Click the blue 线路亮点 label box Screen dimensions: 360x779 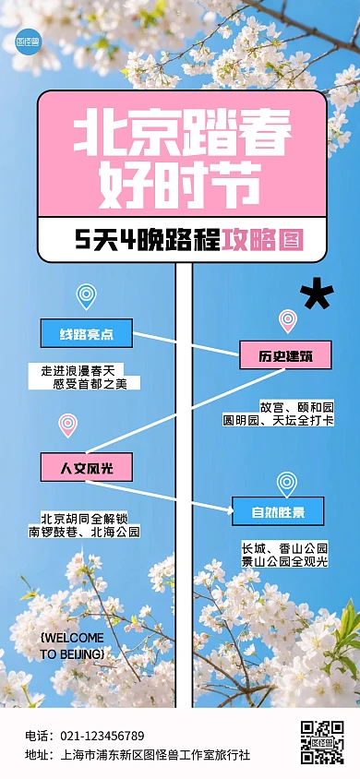tap(86, 333)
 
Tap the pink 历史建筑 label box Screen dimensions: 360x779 tap(285, 355)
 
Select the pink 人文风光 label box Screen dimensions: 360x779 tap(86, 467)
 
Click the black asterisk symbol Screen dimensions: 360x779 tap(317, 295)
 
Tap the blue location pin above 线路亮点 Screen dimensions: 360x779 tap(86, 295)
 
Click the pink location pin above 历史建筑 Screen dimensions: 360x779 tap(288, 320)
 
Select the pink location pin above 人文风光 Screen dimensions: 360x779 tap(67, 424)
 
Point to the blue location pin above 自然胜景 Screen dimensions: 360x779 tap(287, 483)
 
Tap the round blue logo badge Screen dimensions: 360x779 tap(29, 42)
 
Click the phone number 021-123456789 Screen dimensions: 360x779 tap(102, 736)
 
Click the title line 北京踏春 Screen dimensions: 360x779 tap(181, 131)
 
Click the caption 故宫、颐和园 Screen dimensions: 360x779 tap(295, 407)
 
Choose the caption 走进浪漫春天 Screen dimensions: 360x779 tap(84, 370)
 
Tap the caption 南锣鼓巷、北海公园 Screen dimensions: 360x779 tap(84, 532)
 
